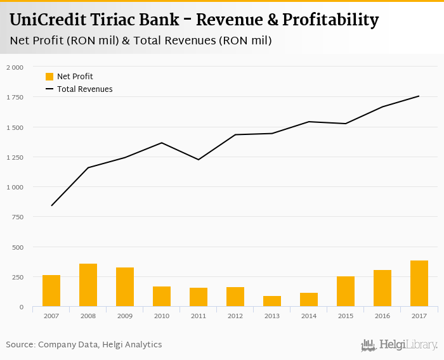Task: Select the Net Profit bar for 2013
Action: (272, 301)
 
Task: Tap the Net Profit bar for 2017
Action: (419, 283)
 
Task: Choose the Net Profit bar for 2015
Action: (346, 292)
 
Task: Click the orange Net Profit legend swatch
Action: (49, 77)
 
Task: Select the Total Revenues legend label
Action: (85, 89)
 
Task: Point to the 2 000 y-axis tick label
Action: (15, 67)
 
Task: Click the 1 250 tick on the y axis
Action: (15, 157)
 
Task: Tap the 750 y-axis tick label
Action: (17, 217)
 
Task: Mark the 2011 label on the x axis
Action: (199, 315)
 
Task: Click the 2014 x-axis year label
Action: (309, 315)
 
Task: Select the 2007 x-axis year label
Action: (51, 315)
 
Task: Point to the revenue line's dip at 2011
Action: (199, 160)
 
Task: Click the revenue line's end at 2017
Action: (419, 96)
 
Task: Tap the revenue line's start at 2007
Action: (51, 205)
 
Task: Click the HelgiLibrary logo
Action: (400, 345)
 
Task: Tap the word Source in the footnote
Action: (20, 345)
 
